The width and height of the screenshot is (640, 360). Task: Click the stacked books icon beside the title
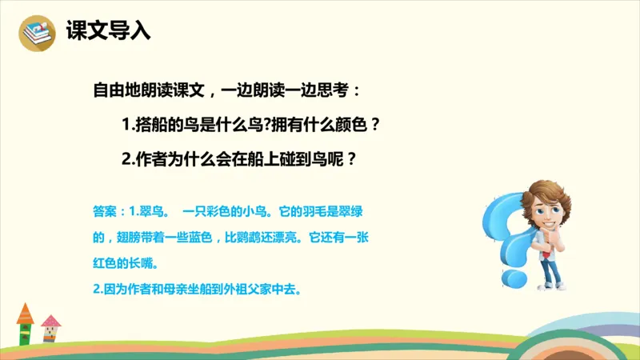[x=35, y=33]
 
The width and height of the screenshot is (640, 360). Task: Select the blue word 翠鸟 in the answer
[x=153, y=214]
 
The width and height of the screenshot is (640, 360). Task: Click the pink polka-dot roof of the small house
[x=50, y=321]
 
